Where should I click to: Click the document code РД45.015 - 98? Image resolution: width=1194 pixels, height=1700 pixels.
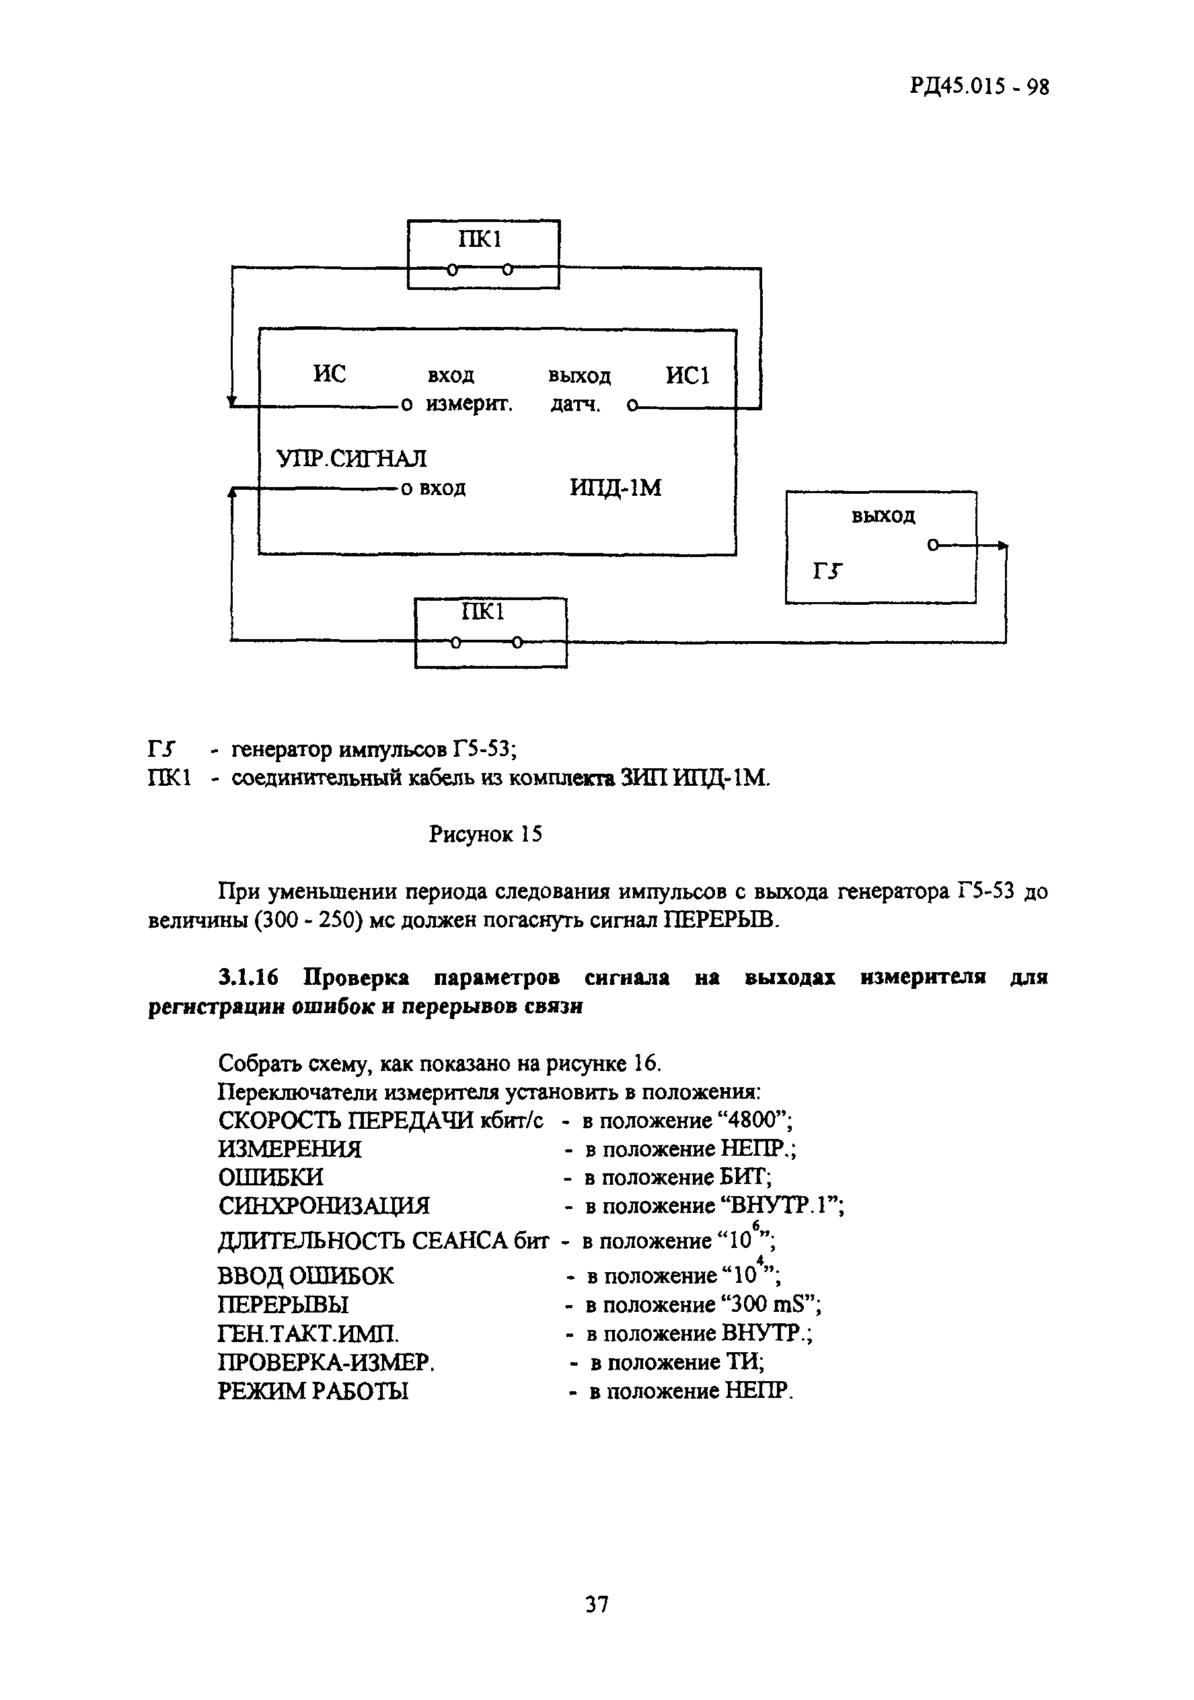tap(979, 87)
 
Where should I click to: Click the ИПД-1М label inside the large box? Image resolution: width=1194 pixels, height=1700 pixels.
tap(615, 488)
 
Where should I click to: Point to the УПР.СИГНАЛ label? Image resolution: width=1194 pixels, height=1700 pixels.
tap(351, 459)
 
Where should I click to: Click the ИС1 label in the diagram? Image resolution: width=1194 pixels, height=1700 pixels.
tap(687, 376)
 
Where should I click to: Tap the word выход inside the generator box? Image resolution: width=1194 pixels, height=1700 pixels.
tap(883, 516)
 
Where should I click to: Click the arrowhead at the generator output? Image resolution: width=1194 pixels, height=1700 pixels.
tap(1002, 546)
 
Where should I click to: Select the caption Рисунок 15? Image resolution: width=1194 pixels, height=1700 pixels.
tap(486, 834)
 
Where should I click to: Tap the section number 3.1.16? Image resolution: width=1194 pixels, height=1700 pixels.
tap(248, 978)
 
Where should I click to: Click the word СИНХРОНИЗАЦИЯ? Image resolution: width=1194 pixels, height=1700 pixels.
tap(324, 1206)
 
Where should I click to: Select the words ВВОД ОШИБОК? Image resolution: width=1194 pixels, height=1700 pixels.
tap(305, 1276)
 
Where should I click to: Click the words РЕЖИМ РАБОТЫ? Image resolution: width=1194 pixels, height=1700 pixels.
tap(312, 1391)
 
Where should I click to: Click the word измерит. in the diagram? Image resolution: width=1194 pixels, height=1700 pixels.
tap(470, 406)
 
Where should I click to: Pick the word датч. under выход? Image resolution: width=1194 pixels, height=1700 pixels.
tap(575, 406)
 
